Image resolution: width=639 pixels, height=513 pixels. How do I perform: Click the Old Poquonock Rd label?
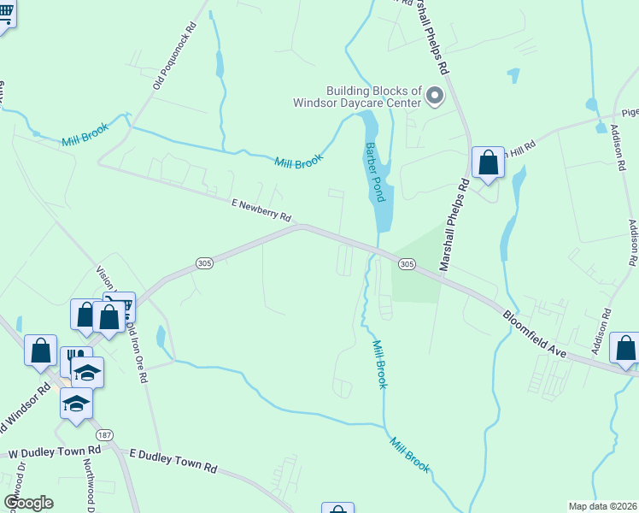pos(175,56)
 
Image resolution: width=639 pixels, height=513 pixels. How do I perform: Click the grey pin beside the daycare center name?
pos(435,96)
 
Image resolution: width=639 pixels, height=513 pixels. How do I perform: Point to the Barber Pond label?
pos(377,172)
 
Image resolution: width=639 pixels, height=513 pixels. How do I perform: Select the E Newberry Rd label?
pos(261,209)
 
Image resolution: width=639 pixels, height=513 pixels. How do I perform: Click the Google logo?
pos(28,503)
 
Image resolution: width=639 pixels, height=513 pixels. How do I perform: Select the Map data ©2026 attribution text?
pos(602,506)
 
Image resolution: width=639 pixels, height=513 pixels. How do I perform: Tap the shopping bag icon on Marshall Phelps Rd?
pos(488,162)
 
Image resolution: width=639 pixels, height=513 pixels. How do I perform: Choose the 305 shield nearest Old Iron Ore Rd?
pos(203,263)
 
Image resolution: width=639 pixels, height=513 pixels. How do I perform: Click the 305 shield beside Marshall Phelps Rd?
pos(407,265)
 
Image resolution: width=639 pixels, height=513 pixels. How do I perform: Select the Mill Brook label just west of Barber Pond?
pos(298,162)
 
